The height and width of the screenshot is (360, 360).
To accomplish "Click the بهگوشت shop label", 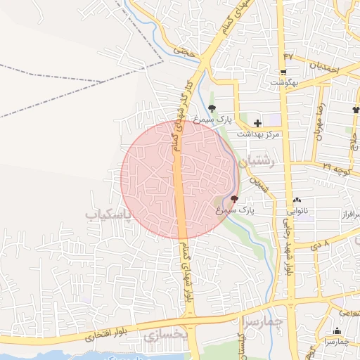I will pos(284,83).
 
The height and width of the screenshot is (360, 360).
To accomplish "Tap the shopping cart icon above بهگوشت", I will pos(283,72).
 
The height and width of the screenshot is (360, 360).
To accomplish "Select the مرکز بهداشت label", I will pos(258,134).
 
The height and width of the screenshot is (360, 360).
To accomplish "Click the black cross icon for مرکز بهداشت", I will pos(257,124).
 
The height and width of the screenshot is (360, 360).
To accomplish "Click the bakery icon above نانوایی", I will pos(297,200).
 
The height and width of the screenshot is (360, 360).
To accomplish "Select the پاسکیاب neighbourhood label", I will pos(108,214).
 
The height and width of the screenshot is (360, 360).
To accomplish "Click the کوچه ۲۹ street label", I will pos(336,168).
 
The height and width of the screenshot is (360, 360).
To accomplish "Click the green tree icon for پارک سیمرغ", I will pos(212,108).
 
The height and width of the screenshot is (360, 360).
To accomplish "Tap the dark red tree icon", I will pos(234,199).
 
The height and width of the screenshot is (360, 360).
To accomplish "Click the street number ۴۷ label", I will pos(288,56).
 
